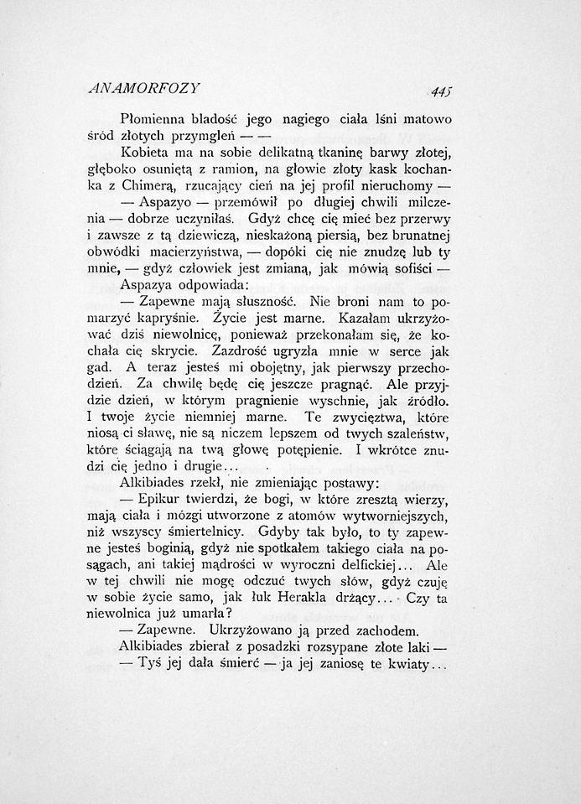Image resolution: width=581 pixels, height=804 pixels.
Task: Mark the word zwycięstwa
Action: [x=363, y=417]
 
